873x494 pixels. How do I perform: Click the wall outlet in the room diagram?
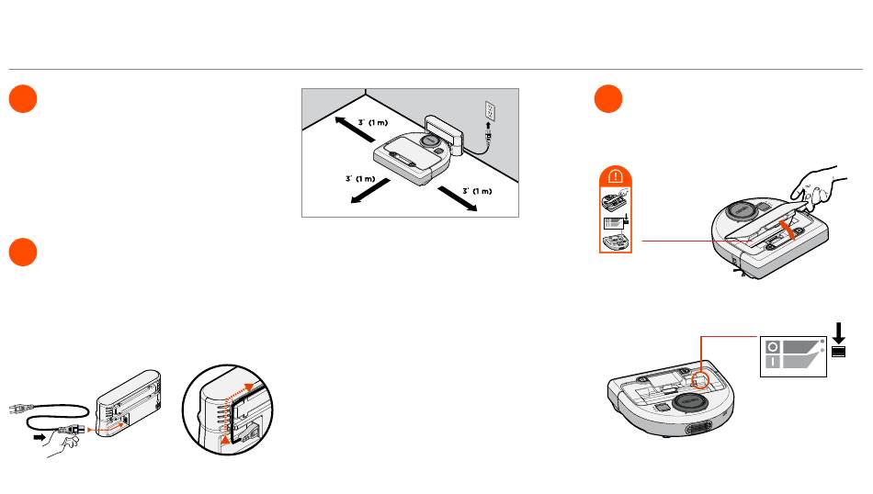[x=491, y=111]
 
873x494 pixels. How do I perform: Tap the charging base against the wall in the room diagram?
[x=440, y=130]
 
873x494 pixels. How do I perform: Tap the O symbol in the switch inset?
[x=774, y=347]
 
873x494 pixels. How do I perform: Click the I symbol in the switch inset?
[x=774, y=363]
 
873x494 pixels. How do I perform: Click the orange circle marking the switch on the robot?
[x=702, y=379]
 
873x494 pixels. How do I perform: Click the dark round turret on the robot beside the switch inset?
[x=690, y=402]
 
